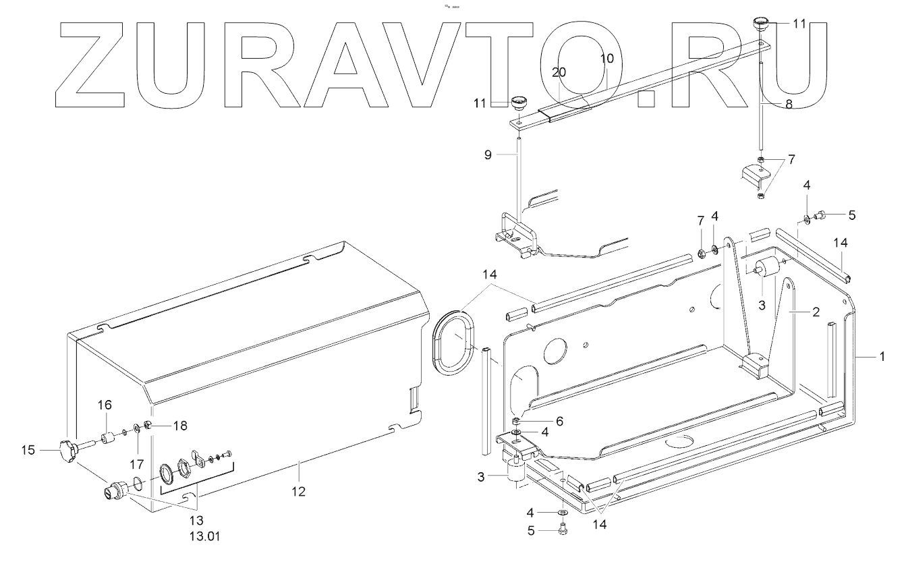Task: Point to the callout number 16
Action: coord(105,405)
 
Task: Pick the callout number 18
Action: coord(179,426)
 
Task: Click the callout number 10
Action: coord(606,59)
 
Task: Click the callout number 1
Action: coord(880,357)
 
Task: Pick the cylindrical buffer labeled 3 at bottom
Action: coord(515,473)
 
